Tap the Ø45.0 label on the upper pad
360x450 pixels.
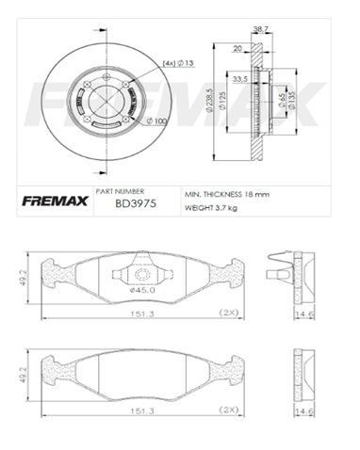[x=140, y=290]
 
